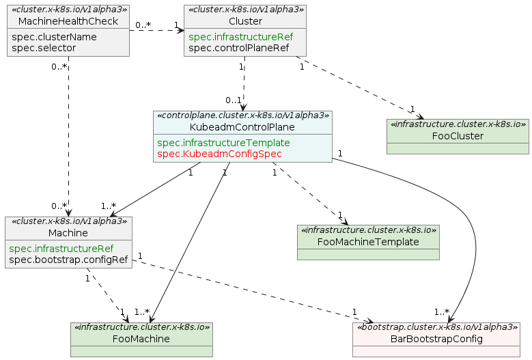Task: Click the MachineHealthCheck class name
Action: [x=68, y=21]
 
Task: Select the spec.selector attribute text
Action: [x=44, y=48]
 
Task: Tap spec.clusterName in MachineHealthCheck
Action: [x=54, y=37]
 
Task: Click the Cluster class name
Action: [x=245, y=21]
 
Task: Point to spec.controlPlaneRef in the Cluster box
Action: [x=239, y=48]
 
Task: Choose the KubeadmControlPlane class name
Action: [x=242, y=127]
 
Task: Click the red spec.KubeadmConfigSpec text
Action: [x=219, y=154]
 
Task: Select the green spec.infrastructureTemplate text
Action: [x=223, y=143]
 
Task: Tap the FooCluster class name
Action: [x=458, y=136]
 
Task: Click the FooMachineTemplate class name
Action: [x=368, y=242]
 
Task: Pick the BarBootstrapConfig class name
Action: [x=436, y=339]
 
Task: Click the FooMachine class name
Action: [x=141, y=339]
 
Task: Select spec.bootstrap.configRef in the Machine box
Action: [x=68, y=260]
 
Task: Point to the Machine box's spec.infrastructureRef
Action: [x=61, y=249]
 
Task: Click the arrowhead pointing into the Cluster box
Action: [x=180, y=30]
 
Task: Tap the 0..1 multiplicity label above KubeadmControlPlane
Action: [x=234, y=100]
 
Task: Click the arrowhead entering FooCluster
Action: [x=421, y=116]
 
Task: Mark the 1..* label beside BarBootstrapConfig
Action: [x=442, y=311]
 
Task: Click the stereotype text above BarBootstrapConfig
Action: [x=436, y=327]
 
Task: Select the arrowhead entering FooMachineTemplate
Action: [x=345, y=221]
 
